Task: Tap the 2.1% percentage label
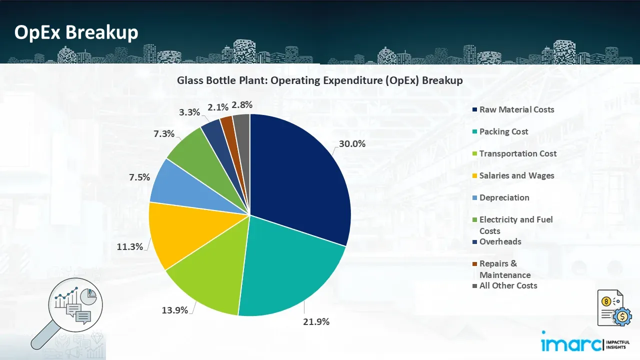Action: click(x=218, y=107)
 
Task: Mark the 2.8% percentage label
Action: click(x=242, y=105)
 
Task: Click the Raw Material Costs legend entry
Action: click(x=516, y=109)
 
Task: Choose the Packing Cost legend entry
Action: click(x=503, y=131)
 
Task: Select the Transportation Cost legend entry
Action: click(x=517, y=153)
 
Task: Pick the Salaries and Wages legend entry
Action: click(x=516, y=175)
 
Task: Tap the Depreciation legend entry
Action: click(x=504, y=197)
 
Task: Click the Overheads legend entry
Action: click(x=500, y=241)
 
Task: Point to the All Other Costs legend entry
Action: click(x=508, y=285)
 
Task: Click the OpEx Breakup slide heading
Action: click(x=76, y=32)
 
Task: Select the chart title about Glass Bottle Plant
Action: click(x=319, y=80)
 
